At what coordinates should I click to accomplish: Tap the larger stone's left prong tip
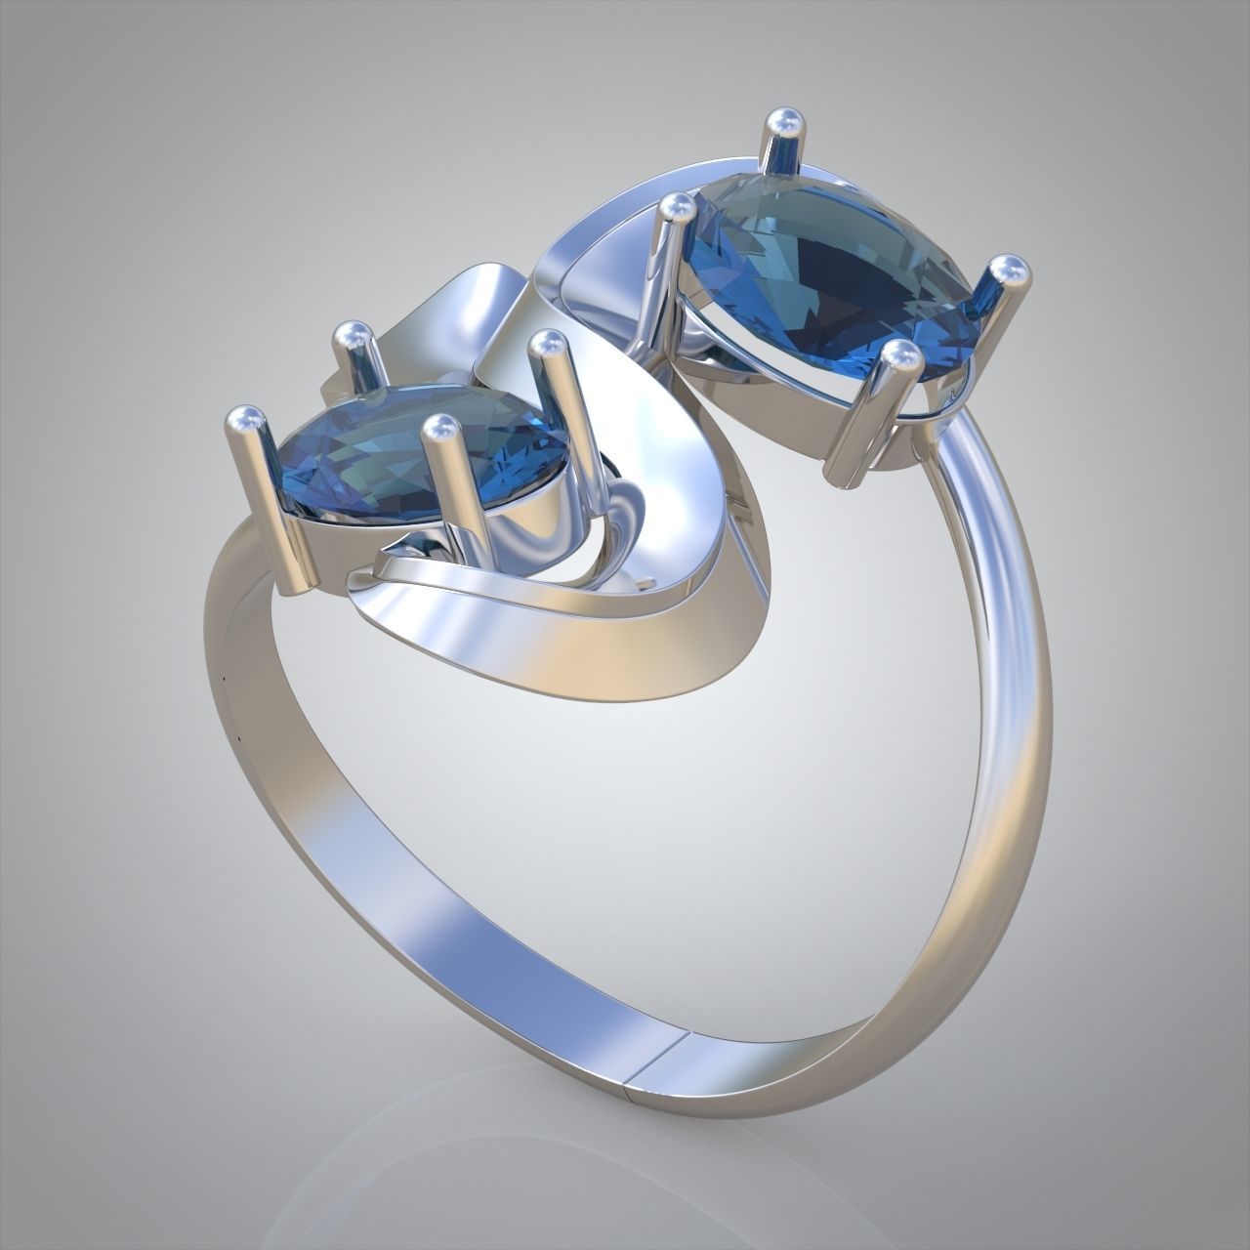point(675,208)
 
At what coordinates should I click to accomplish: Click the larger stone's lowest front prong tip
point(899,359)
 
